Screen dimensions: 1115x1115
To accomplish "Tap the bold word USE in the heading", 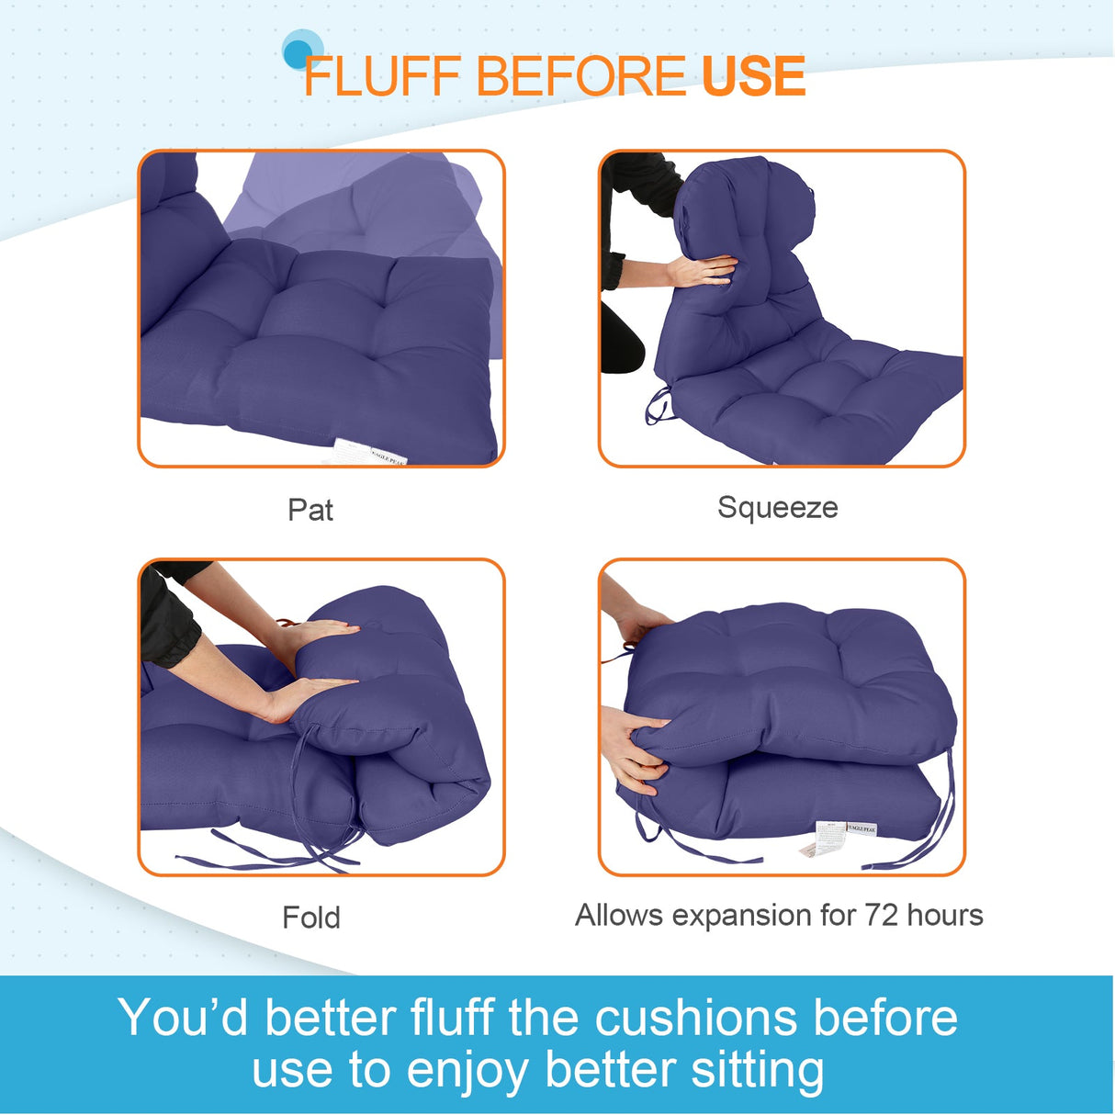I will point(753,76).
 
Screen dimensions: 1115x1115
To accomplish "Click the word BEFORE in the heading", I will point(580,76).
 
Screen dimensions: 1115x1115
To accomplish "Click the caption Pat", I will point(310,510).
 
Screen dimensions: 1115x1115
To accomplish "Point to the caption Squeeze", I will point(777,507).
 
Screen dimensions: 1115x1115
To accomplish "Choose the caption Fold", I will point(311,917).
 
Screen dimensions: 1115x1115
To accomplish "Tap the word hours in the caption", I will point(945,915).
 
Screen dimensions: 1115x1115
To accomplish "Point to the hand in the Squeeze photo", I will point(703,270).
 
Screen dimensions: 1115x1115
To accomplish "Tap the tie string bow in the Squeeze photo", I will point(658,404).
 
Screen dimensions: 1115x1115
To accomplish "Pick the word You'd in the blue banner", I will point(183,1018).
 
